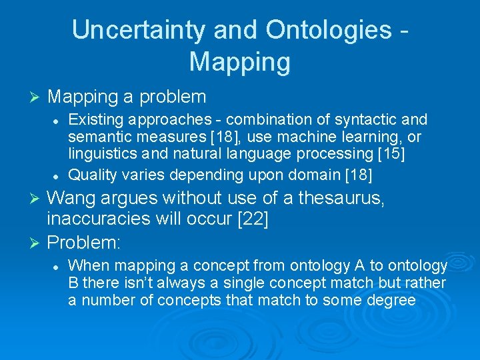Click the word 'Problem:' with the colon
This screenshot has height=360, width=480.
click(x=84, y=241)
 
